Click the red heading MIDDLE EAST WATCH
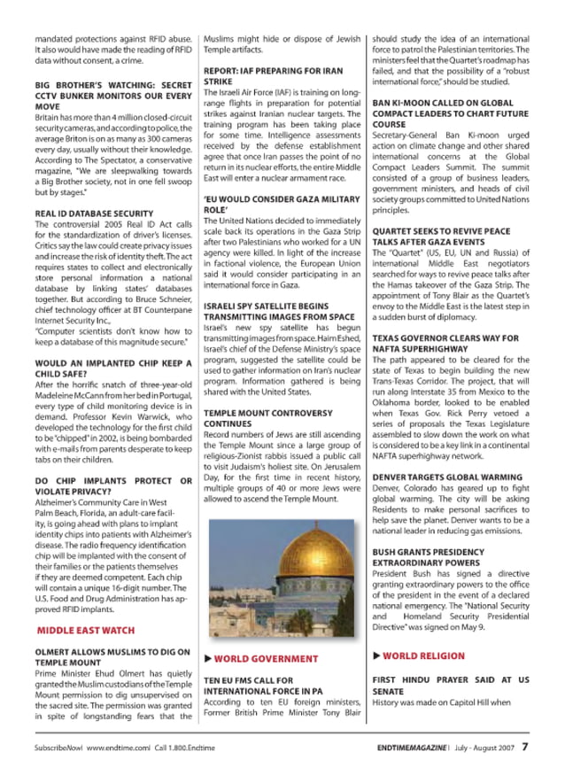coord(86,631)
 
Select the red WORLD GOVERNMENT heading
coord(253,659)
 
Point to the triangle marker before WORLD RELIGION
coord(376,656)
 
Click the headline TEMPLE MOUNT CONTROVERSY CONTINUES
coord(256,418)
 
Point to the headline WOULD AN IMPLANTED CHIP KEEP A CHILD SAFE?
coord(112,369)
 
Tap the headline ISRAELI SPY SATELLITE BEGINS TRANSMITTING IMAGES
coord(266,310)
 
